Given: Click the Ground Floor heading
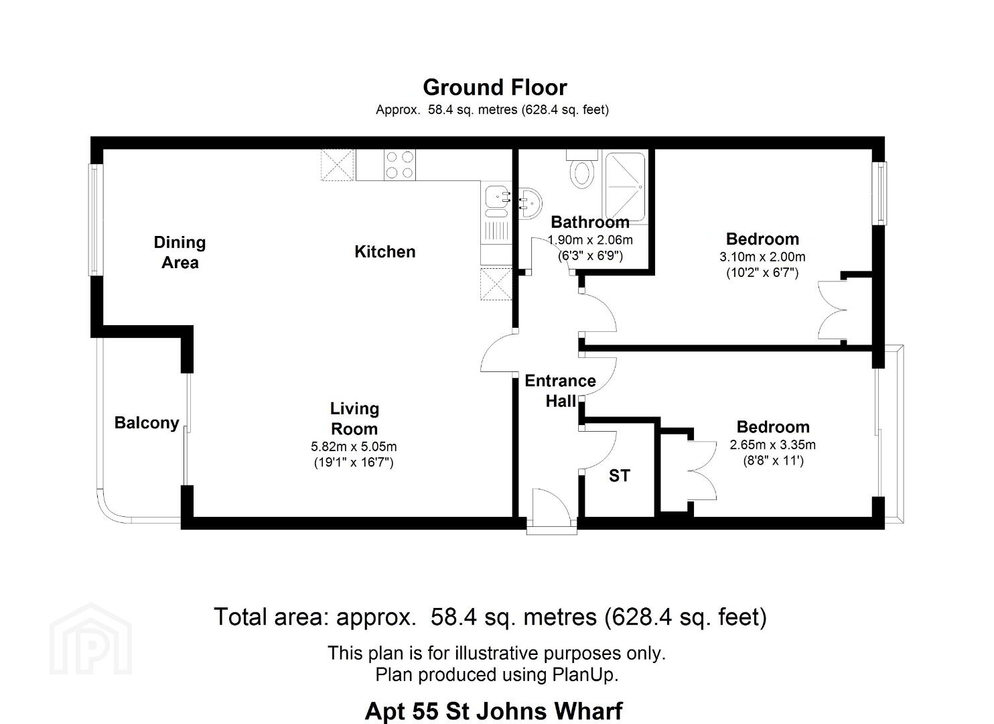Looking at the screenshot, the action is [x=495, y=88].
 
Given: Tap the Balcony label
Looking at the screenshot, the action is [x=147, y=423].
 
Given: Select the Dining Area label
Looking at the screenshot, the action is [x=180, y=252].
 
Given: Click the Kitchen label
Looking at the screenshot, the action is [x=384, y=252].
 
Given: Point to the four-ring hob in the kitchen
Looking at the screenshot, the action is [x=400, y=165].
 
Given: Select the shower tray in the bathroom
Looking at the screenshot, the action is [x=625, y=187].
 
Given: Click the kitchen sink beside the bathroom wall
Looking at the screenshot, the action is [x=496, y=202].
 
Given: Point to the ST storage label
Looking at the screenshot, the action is [x=620, y=476].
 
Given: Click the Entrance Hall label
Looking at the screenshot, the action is [x=561, y=391].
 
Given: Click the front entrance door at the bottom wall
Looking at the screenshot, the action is [x=551, y=511].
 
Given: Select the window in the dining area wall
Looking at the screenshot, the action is [x=95, y=220].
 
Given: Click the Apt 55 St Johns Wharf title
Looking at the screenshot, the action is [x=494, y=711].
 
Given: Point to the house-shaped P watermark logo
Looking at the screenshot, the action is [x=91, y=639].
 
